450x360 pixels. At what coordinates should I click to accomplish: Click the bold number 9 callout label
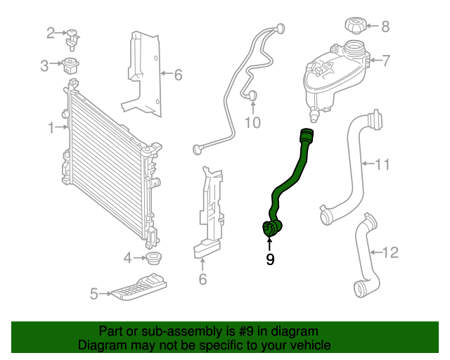coord(270,260)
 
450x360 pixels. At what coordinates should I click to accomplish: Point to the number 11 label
coord(382,165)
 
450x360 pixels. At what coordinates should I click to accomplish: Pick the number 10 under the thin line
coord(252,124)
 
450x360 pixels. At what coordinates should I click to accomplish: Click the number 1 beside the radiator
coord(51,127)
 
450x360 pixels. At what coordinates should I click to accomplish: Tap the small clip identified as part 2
coord(72,34)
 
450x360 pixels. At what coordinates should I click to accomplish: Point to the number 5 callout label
coord(94,295)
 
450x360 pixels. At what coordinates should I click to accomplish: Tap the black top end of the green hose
coord(307,136)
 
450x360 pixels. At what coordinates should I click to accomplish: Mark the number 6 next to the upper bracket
coord(178,73)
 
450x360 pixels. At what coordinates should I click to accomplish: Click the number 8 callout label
coord(385,27)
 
